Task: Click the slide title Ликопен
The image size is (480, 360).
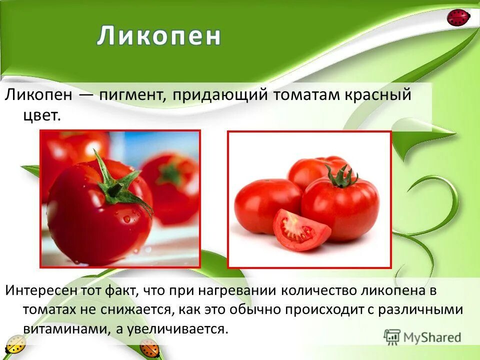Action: [159, 36]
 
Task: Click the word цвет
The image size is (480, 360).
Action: [41, 115]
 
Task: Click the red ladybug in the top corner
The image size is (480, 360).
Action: [458, 18]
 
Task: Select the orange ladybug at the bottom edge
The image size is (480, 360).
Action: [148, 348]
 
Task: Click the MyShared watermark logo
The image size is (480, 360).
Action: [422, 337]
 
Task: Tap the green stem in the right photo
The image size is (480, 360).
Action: [341, 176]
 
